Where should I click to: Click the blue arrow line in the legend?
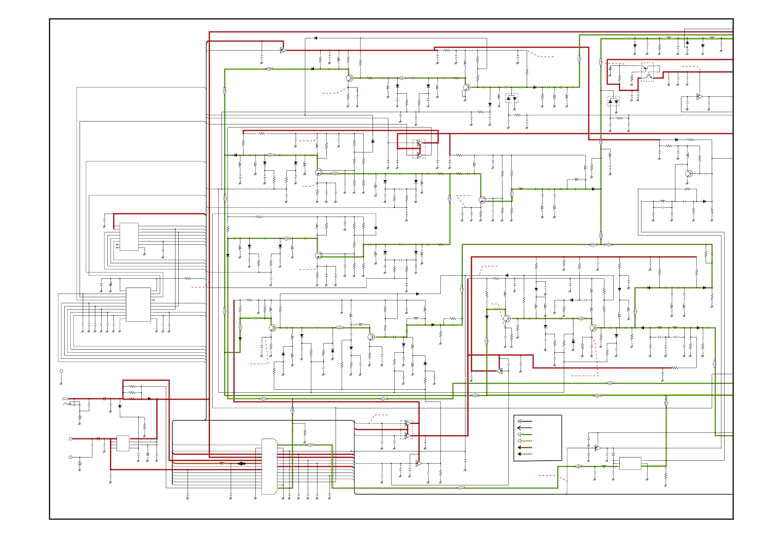pos(525,421)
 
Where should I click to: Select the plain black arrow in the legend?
pos(525,428)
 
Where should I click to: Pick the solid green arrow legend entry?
pos(525,434)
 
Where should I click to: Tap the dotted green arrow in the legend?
pos(525,441)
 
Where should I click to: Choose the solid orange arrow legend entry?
pos(525,448)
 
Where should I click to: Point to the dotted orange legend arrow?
pos(525,454)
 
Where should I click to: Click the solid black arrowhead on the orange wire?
pos(242,464)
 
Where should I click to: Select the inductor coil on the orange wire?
pos(221,463)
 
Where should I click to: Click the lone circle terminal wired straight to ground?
pos(61,371)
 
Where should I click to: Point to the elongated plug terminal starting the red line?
pos(66,399)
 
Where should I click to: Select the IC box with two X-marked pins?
pos(129,237)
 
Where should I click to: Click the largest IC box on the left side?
pos(138,304)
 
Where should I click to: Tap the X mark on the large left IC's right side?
pos(153,300)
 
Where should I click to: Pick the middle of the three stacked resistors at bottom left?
pos(132,393)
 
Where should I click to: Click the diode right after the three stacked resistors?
pos(149,399)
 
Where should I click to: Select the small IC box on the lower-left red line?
pos(123,443)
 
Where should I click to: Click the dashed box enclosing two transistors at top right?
pos(647,72)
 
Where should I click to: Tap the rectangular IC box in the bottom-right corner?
pos(630,464)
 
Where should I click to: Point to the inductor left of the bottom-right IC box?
pos(604,466)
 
